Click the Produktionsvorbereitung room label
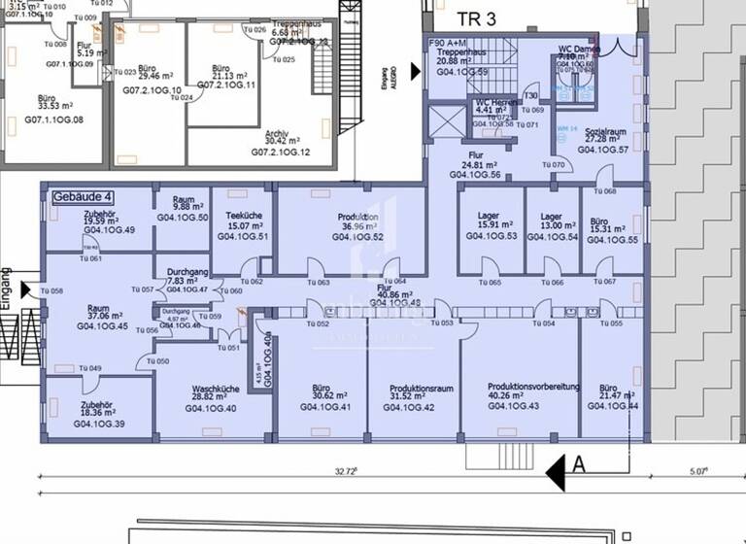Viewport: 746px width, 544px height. tap(533, 387)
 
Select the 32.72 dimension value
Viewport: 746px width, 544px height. tap(346, 471)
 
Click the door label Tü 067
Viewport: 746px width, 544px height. tap(604, 283)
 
